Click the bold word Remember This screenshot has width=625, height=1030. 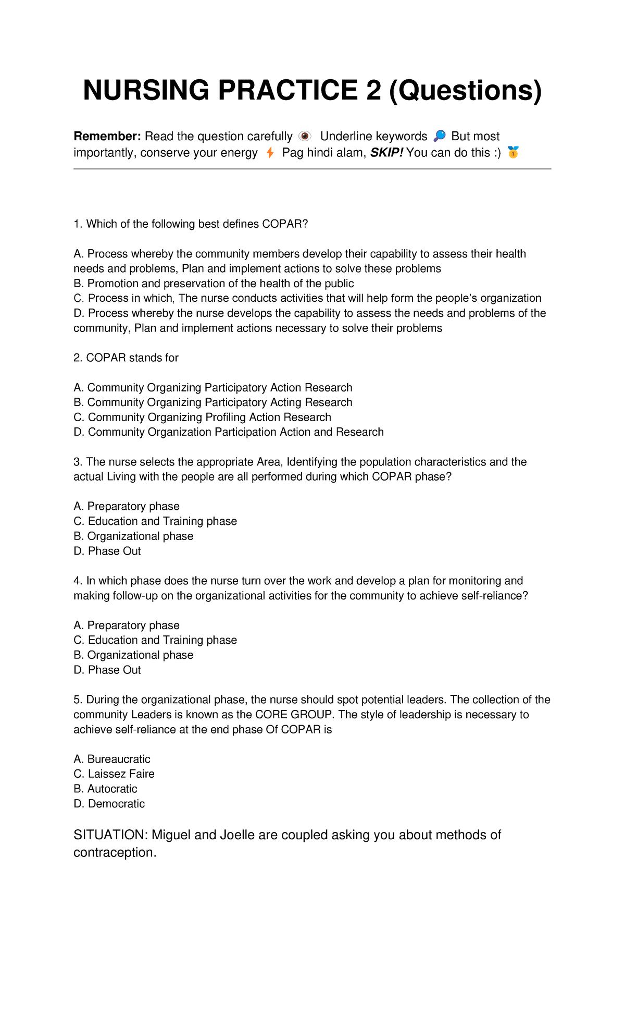107,137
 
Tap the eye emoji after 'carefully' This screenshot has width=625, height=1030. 305,137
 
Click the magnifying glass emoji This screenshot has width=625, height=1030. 440,137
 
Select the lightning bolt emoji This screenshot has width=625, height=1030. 270,153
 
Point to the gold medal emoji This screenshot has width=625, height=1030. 513,153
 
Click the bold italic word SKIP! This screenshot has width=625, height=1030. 386,153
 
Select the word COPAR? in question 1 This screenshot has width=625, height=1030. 285,224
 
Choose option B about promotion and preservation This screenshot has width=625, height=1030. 214,284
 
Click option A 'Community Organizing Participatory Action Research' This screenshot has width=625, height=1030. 213,388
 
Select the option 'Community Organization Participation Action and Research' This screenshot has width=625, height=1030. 229,432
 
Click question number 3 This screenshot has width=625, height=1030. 78,462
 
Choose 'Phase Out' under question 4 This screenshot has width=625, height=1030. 107,670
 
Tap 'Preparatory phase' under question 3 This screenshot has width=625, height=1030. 127,507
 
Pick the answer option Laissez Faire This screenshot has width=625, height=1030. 114,774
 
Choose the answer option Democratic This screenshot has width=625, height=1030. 109,804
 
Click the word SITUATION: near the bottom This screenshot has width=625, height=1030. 111,835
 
